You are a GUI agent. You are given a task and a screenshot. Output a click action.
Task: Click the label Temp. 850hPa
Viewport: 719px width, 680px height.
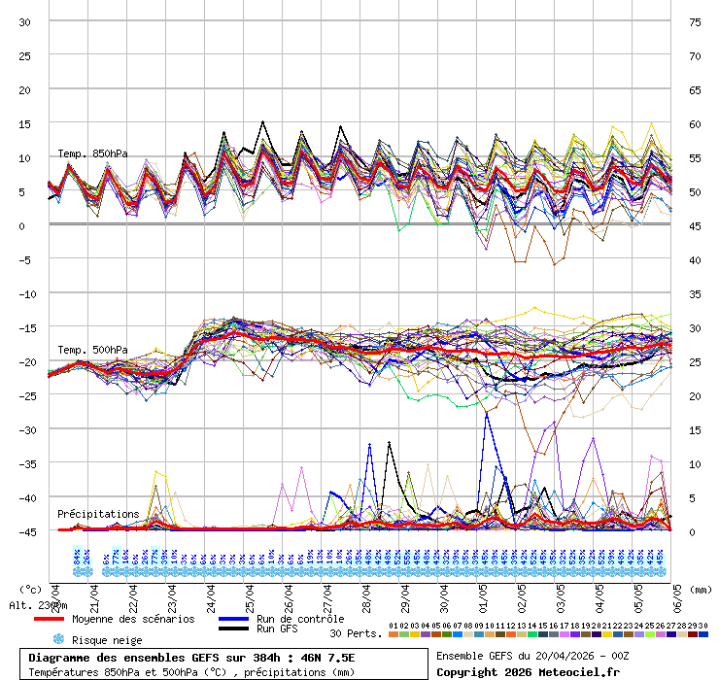click(92, 153)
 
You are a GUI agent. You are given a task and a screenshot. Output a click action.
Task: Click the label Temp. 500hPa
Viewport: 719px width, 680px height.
click(92, 350)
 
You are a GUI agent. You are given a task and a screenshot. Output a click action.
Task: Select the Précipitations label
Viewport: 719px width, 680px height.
click(97, 514)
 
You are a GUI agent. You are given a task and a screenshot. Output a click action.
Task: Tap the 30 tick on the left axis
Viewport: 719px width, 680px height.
click(26, 21)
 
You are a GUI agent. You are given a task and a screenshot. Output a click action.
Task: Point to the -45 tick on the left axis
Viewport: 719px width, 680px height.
click(26, 531)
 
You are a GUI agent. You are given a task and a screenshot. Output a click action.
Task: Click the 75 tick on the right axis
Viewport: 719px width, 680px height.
click(695, 21)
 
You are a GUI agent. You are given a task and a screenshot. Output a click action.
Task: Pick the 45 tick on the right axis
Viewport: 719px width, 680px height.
click(695, 225)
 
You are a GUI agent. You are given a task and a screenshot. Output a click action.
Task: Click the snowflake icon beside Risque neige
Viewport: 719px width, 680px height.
click(57, 639)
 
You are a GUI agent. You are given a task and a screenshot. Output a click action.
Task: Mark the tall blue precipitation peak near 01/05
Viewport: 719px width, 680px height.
click(485, 415)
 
